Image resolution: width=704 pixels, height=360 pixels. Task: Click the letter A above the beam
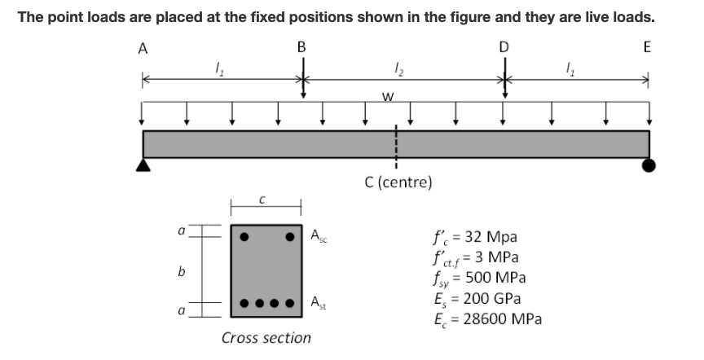coord(143,48)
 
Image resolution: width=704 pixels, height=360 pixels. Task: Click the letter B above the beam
coord(302,48)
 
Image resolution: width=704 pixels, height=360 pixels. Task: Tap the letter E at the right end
coord(647,48)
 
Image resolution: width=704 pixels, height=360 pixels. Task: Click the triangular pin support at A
coord(143,165)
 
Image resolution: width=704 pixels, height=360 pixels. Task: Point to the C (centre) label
coord(398,182)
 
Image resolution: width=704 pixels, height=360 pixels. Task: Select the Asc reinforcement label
coord(319,236)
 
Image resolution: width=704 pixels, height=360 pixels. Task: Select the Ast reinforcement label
coord(319,303)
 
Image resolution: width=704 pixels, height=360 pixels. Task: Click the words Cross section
coord(266,337)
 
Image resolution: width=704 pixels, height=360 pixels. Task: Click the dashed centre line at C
coord(397,145)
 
